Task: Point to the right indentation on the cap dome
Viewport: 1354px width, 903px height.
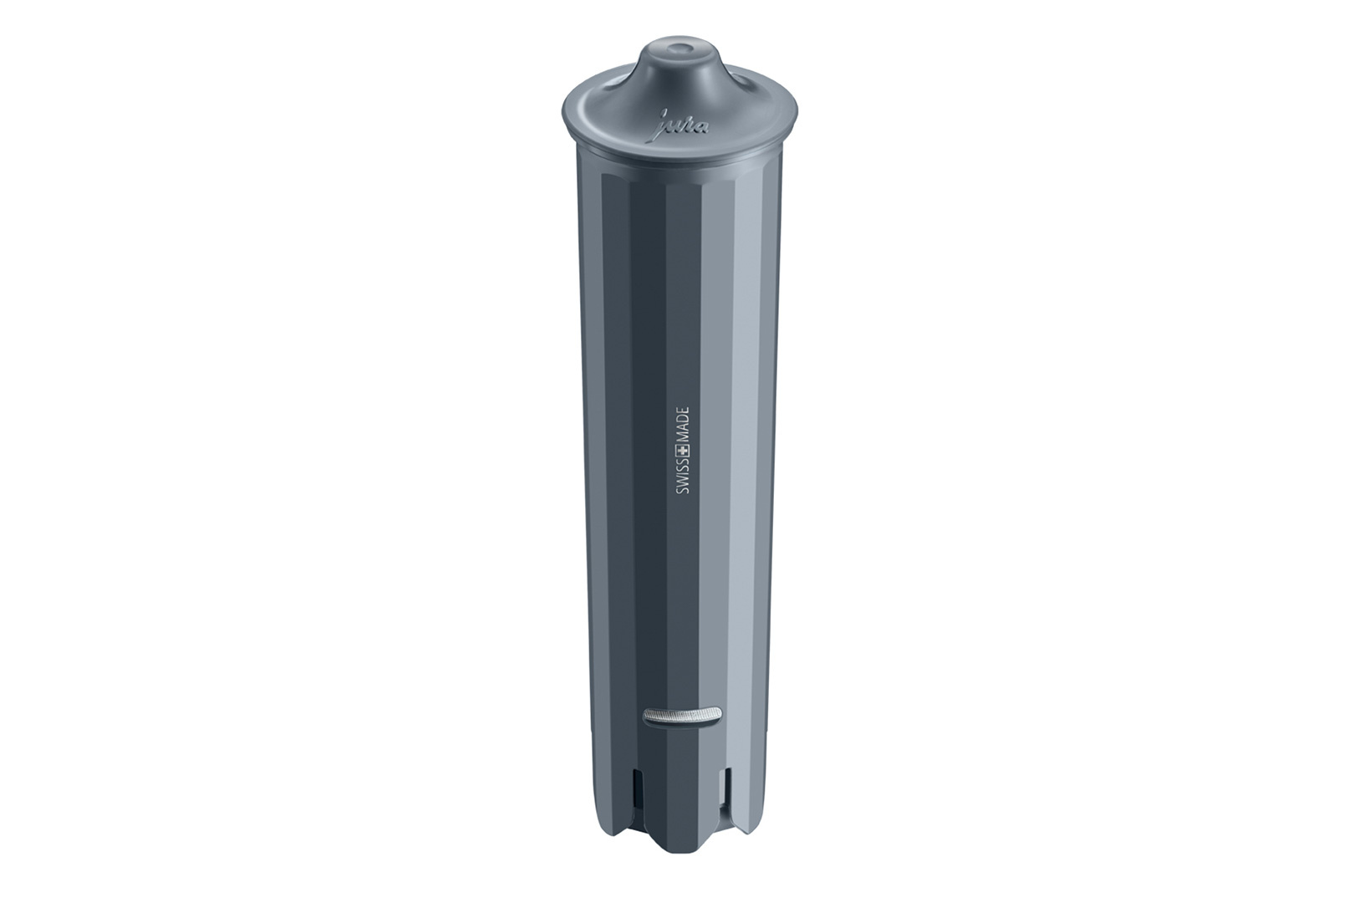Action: coord(739,79)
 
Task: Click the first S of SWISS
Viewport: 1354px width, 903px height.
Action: coord(682,494)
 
